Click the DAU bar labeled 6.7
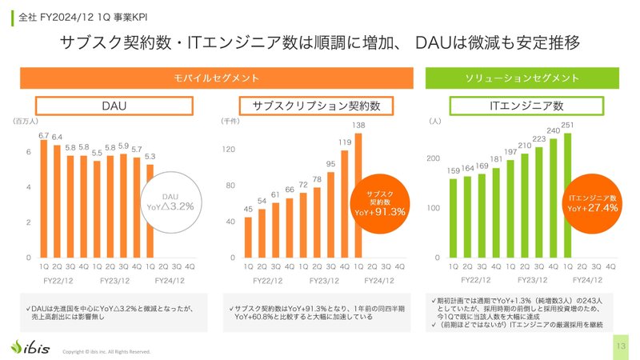(x=44, y=200)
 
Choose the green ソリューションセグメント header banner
(x=522, y=78)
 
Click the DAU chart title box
(x=114, y=106)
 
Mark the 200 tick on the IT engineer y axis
(x=434, y=159)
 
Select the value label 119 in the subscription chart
(x=344, y=142)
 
